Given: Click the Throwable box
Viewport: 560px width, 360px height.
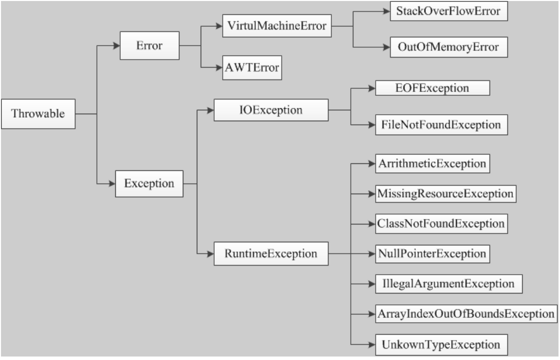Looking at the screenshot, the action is coord(38,114).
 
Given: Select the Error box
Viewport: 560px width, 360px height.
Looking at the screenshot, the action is coord(150,46).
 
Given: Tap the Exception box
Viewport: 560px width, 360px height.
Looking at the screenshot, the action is coord(149,184).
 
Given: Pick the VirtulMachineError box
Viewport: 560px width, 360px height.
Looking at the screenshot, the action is coord(277,26).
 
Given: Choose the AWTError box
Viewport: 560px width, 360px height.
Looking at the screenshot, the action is coord(252,68).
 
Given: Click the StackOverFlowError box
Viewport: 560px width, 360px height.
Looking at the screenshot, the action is coord(449,11).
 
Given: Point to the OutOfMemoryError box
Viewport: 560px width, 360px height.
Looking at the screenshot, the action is coord(449,47).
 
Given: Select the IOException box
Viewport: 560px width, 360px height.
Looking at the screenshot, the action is coord(271,110).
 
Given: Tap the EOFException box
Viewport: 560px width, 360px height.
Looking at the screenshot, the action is coord(432,88).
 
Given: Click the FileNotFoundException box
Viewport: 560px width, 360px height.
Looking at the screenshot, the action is coord(441,125).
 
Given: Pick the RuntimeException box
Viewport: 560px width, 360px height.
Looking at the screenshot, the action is coord(271,254).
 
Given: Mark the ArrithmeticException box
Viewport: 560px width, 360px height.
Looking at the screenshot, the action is coord(432,164).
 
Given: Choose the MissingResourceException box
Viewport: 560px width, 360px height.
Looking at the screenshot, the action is coord(446,194).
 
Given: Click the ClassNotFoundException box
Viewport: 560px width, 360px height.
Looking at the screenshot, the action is coord(441,224).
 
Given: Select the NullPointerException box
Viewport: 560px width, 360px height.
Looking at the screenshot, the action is coord(432,254).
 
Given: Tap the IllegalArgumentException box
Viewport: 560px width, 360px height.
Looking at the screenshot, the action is coord(449,284).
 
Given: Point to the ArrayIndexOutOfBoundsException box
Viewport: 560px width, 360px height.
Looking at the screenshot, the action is coord(467,314).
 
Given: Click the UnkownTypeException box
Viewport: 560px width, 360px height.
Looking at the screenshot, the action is coord(441,345).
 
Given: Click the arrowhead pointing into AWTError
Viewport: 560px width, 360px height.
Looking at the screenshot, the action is coord(219,68).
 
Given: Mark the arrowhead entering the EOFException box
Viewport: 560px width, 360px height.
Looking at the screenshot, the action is coord(372,88).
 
